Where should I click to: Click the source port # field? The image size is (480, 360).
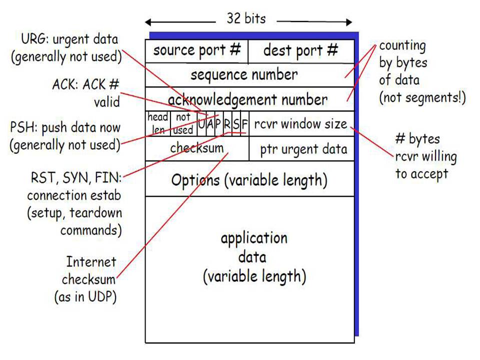pyautogui.click(x=197, y=51)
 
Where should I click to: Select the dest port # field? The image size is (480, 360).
pyautogui.click(x=300, y=51)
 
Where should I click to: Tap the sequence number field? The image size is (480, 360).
pyautogui.click(x=244, y=75)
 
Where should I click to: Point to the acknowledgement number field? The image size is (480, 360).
pyautogui.click(x=247, y=99)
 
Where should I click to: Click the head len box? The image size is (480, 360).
pyautogui.click(x=158, y=123)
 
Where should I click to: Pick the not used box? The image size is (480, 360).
pyautogui.click(x=183, y=123)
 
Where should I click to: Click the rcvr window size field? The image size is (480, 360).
pyautogui.click(x=300, y=123)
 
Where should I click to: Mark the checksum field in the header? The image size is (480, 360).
pyautogui.click(x=196, y=148)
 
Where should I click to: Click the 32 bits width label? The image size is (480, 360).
pyautogui.click(x=246, y=19)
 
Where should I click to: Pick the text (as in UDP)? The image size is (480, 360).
pyautogui.click(x=85, y=296)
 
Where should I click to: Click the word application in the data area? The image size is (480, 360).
pyautogui.click(x=254, y=237)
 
